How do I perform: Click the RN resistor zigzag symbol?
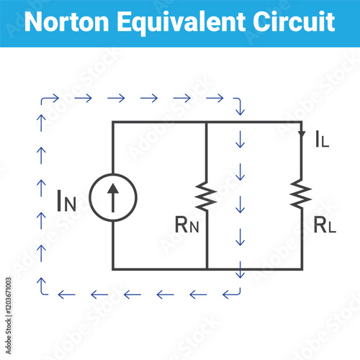tap(207, 196)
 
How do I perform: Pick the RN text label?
tap(186, 223)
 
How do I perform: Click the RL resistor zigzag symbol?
tap(301, 194)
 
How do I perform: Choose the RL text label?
tap(325, 224)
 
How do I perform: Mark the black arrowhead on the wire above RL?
tap(301, 132)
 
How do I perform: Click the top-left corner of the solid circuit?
tap(113, 122)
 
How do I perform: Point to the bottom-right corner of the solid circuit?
tap(301, 269)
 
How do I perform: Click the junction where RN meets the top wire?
tap(207, 122)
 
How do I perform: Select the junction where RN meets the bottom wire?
tap(207, 269)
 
